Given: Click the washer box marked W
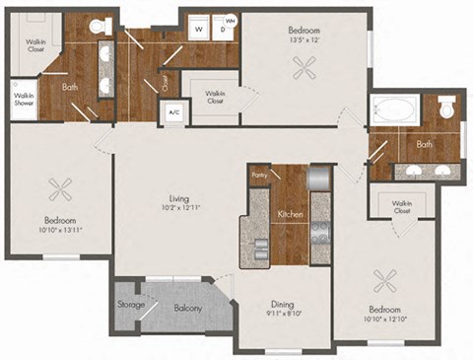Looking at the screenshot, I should [x=199, y=30].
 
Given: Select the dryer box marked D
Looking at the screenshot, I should [x=224, y=30].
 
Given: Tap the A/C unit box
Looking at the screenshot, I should [x=174, y=111].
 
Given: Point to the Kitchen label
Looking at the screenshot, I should [x=290, y=214].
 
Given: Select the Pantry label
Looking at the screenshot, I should [x=260, y=176].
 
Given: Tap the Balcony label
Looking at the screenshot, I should [x=188, y=308].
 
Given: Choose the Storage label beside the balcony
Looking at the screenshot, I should [x=132, y=305].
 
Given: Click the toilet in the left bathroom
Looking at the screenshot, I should [x=99, y=27].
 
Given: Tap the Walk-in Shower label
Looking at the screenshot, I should [x=24, y=99].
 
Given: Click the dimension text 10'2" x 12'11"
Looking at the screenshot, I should [x=178, y=208].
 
